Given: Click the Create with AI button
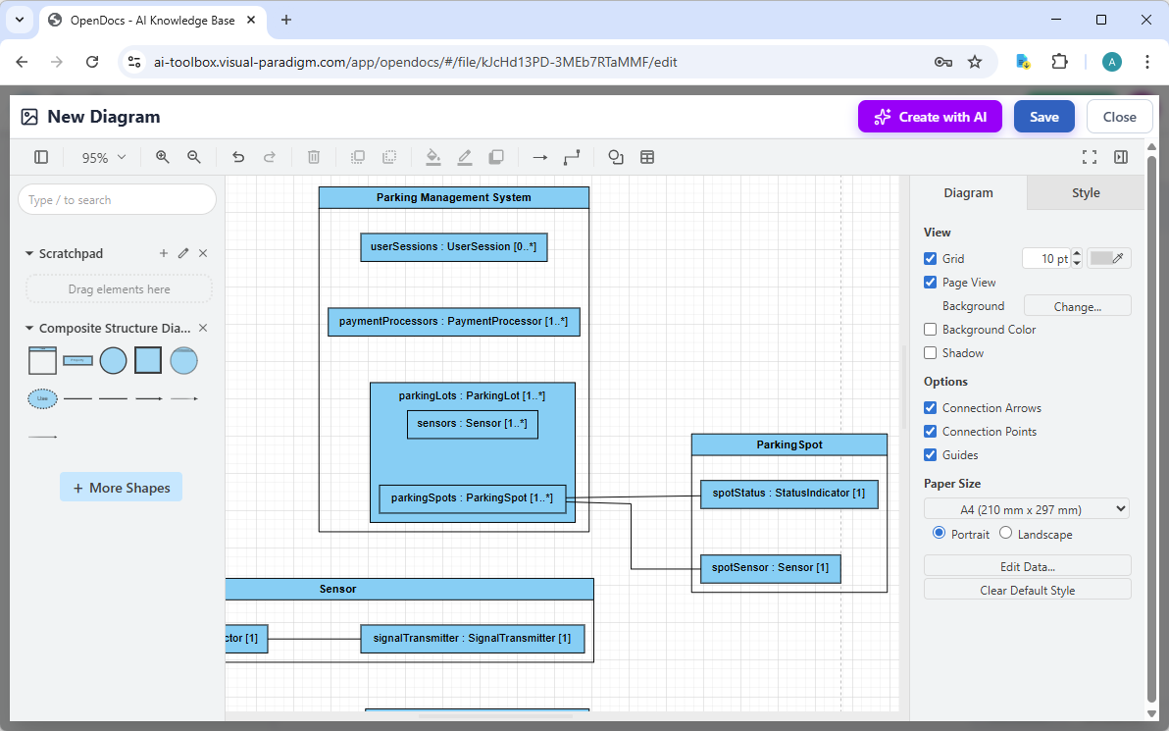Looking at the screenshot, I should [930, 117].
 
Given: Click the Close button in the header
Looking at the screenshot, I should [1119, 117].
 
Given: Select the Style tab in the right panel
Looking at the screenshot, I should [1085, 193].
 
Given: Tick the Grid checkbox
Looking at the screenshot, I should [931, 259].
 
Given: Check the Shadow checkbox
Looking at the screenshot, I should [931, 353].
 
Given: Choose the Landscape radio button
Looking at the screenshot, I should [1006, 534].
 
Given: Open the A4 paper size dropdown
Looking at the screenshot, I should [1026, 509].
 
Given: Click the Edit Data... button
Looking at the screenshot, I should [1027, 566].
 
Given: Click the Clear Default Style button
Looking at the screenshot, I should [1027, 591].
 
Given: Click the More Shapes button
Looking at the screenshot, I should [121, 488].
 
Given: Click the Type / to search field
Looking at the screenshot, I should [117, 200].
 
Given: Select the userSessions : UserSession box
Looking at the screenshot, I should [453, 247].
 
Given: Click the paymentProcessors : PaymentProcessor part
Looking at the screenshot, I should [453, 322].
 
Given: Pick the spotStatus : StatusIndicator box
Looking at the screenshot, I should [788, 494].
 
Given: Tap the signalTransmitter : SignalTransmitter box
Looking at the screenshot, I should [472, 639].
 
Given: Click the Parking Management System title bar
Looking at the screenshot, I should [453, 198].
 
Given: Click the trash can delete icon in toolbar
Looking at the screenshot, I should [314, 157].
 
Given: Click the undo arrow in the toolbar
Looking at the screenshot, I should [238, 157].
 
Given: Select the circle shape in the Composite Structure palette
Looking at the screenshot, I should [113, 361].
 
